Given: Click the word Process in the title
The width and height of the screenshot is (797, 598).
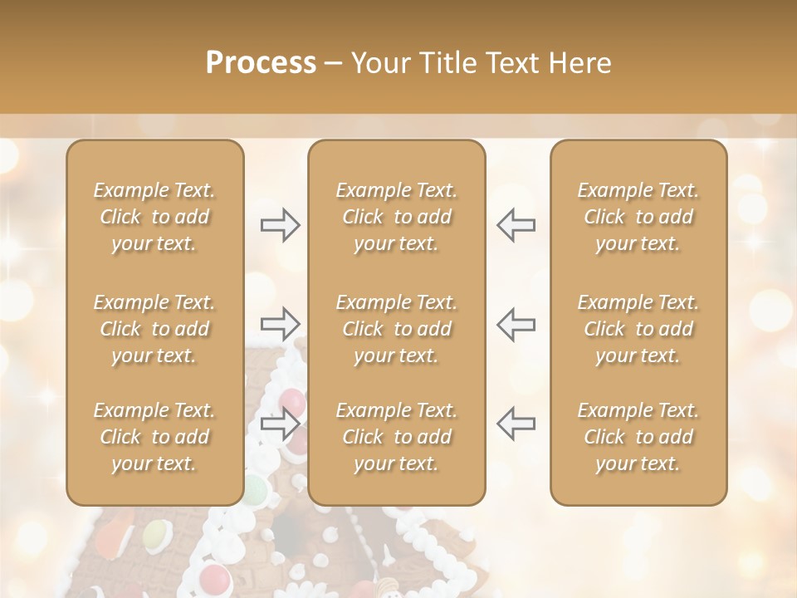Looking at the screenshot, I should (x=261, y=63).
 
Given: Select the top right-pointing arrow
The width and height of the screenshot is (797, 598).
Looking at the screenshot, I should (x=281, y=225).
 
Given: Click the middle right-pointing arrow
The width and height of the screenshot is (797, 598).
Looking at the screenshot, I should (x=281, y=324).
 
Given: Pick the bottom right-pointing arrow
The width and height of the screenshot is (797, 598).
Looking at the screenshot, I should (x=281, y=424).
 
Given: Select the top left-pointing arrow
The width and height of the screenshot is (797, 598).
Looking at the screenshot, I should (x=516, y=225).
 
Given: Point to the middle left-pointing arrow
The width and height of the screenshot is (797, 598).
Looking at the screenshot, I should (x=516, y=324).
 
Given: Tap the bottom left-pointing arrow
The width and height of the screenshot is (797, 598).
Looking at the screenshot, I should (x=516, y=424).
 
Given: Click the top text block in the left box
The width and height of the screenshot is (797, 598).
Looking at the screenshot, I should (x=154, y=217).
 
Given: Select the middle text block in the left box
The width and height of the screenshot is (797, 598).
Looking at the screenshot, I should (x=154, y=329).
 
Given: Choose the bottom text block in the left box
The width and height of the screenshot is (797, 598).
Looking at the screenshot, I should (x=154, y=437).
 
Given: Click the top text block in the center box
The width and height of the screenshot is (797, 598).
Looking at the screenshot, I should (x=397, y=217).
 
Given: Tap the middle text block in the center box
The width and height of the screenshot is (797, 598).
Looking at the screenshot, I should (x=397, y=329).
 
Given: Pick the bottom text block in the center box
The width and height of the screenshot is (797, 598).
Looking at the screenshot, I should (x=397, y=437).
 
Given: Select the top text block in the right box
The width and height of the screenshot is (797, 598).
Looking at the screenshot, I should (x=638, y=217).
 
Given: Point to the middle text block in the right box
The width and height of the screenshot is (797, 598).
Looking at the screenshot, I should (x=638, y=329).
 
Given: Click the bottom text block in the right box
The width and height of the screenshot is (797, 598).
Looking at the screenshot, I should (x=638, y=437).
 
